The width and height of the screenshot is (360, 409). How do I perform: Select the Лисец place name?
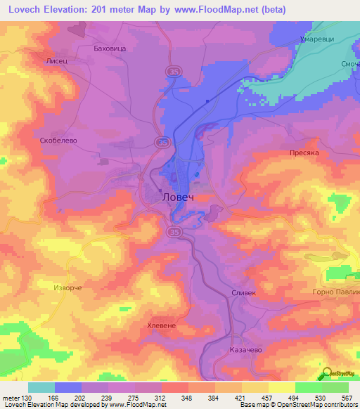pos(56,62)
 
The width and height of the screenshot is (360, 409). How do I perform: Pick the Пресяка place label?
pos(305,152)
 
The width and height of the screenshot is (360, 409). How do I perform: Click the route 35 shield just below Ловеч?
pos(173,231)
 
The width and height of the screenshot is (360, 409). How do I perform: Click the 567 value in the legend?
pos(347,398)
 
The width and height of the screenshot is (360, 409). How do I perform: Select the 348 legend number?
pos(187,398)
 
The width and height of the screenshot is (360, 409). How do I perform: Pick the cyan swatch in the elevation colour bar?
pos(41,387)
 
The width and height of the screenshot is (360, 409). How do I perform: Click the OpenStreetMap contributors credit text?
pos(314,405)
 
